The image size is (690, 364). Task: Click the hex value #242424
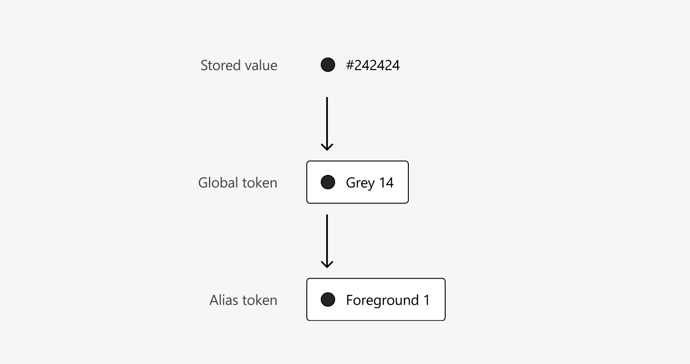point(373,66)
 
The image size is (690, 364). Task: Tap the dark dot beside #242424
point(328,65)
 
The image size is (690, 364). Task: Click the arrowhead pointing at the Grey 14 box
point(327,147)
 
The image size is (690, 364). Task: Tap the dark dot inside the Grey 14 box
point(328,182)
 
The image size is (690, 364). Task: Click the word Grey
point(360,183)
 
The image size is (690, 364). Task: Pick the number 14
point(386,183)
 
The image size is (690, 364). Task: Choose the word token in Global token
point(260,183)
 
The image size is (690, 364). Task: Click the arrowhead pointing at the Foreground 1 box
point(327,264)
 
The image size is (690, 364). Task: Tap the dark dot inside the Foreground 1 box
point(328,299)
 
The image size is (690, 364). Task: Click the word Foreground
point(382,300)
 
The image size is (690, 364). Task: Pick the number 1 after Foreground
point(427,300)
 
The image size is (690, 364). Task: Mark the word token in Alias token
point(260,300)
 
